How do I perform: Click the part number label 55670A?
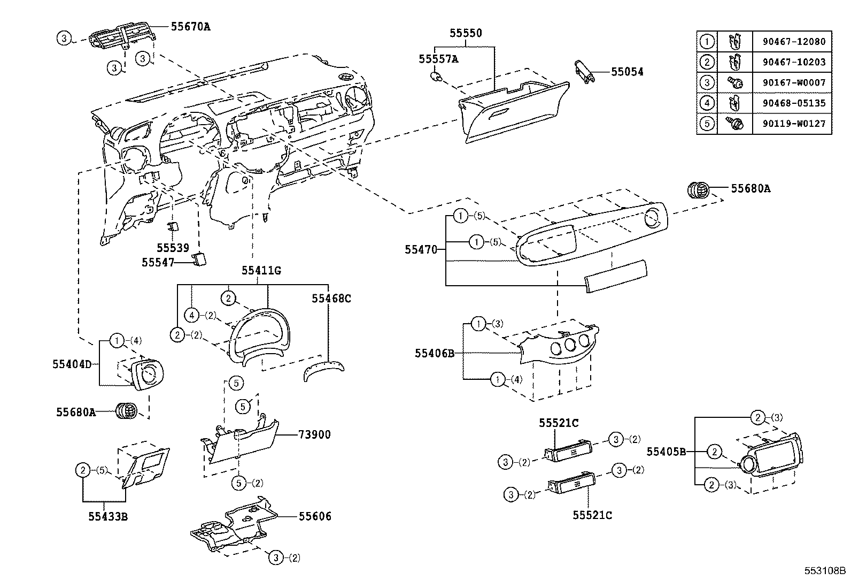190,25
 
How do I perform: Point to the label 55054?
627,72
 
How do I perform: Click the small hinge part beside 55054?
585,71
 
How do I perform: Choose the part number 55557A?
438,59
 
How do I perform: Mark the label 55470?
421,249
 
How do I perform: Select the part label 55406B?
435,353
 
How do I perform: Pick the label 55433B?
108,517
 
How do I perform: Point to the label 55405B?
666,452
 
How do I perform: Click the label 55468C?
331,299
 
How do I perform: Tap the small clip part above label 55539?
173,226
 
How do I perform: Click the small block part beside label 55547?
200,259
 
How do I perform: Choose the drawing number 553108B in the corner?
826,571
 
